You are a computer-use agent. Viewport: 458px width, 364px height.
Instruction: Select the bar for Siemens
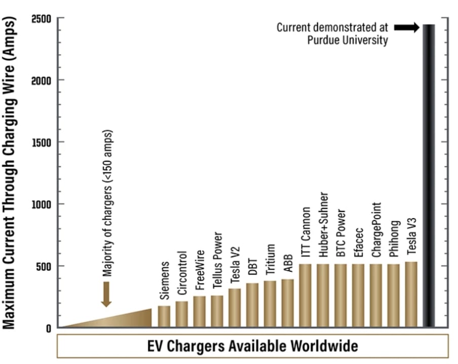[x=164, y=316]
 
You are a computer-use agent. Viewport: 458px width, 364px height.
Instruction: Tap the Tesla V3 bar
[x=411, y=295]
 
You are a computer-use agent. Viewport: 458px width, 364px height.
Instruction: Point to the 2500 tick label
[x=40, y=18]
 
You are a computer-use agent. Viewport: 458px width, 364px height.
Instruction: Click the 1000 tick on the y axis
[x=40, y=204]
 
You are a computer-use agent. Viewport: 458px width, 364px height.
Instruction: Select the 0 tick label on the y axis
[x=49, y=328]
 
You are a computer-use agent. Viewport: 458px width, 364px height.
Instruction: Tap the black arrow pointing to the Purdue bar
[x=406, y=27]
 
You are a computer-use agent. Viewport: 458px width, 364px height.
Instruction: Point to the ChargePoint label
[x=376, y=230]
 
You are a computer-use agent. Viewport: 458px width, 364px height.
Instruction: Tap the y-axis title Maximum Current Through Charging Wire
[x=11, y=172]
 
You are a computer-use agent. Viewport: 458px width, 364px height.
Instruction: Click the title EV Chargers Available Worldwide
[x=252, y=346]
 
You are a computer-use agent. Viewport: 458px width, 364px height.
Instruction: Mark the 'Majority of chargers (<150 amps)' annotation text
[x=107, y=203]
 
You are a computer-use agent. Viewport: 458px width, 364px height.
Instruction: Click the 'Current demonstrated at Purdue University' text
[x=332, y=33]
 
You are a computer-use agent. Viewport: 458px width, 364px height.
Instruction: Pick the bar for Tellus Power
[x=217, y=311]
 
